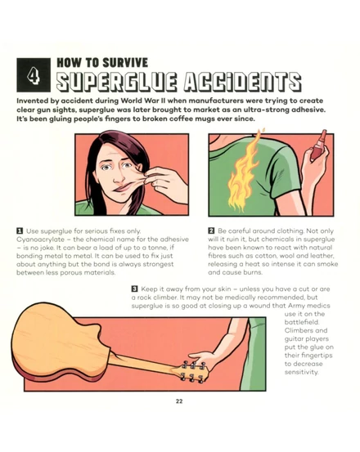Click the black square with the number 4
click(x=34, y=75)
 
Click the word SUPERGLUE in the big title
click(x=116, y=81)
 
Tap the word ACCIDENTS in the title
click(x=242, y=81)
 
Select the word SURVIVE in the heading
click(x=125, y=63)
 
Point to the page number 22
click(x=179, y=401)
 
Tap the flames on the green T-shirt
click(x=243, y=171)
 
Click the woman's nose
click(x=119, y=177)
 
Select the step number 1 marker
click(x=20, y=230)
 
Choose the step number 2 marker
click(x=211, y=230)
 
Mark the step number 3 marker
click(x=134, y=289)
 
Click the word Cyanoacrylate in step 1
click(x=40, y=239)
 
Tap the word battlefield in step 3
click(x=301, y=322)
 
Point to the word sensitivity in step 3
click(x=301, y=372)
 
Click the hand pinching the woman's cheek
click(x=164, y=183)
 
